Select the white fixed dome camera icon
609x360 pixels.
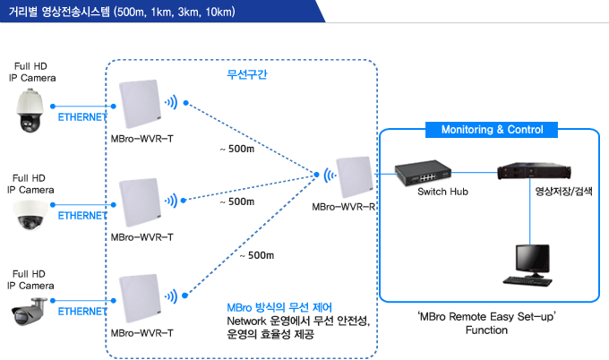(x=30, y=215)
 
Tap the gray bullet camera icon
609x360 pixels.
(x=28, y=311)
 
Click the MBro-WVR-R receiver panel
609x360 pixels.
(x=355, y=176)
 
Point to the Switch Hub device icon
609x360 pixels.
(x=423, y=173)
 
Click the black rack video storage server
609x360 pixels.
(x=534, y=171)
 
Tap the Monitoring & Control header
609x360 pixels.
(x=492, y=130)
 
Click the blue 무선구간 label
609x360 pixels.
(x=247, y=74)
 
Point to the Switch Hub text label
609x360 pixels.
(x=442, y=192)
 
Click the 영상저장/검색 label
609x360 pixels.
(x=563, y=191)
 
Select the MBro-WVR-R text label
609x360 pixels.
(x=344, y=207)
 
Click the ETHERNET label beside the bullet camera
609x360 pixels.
(x=82, y=312)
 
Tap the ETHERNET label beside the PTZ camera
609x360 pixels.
(x=82, y=117)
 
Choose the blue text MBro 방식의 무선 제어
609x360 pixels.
(x=279, y=307)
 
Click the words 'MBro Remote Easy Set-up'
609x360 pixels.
(x=486, y=316)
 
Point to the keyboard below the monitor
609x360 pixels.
(x=528, y=281)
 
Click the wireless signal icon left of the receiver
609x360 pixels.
(x=330, y=176)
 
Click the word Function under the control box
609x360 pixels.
(x=486, y=330)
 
